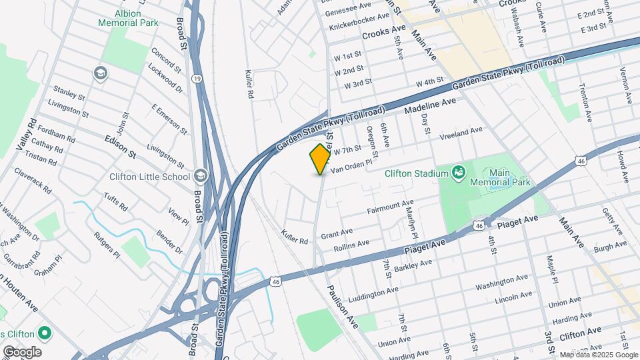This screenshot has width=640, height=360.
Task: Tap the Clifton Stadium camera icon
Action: click(458, 173)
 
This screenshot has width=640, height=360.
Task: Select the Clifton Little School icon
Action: click(201, 177)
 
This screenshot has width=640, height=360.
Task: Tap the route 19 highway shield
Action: click(197, 79)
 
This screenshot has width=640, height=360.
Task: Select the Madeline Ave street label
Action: click(430, 107)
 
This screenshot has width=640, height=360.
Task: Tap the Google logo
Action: click(21, 352)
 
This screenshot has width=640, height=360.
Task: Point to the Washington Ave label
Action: click(501, 282)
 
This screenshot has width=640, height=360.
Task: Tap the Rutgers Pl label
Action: click(107, 245)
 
